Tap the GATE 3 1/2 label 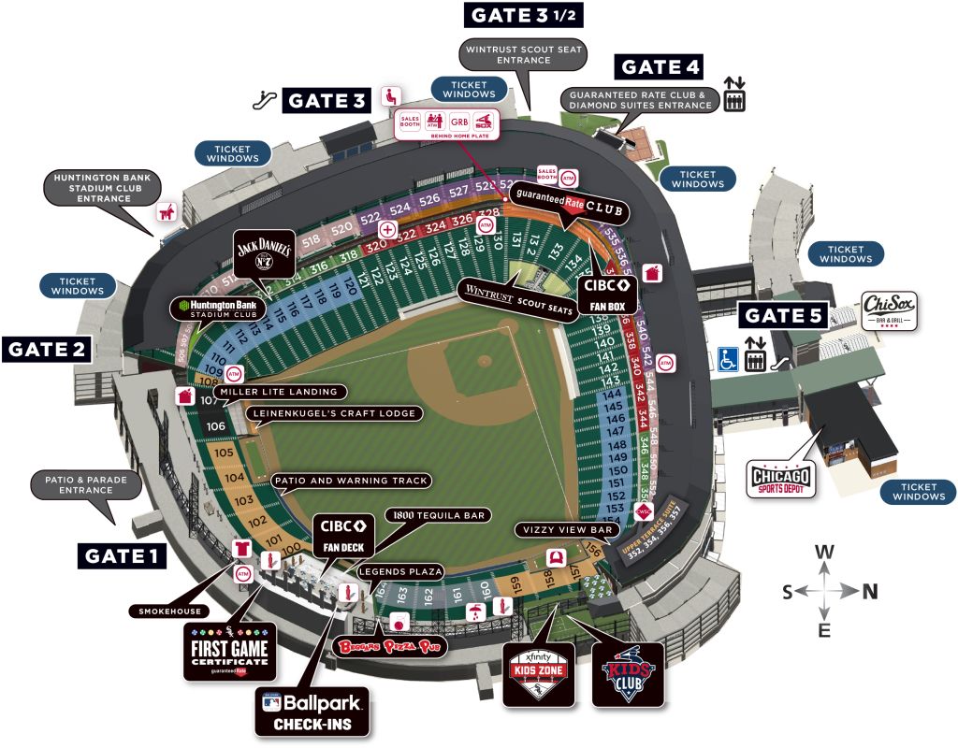[x=525, y=15]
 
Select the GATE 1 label [x=121, y=555]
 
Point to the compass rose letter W [x=824, y=552]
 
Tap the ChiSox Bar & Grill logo [x=889, y=310]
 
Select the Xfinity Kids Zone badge [x=539, y=673]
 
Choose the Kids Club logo [x=628, y=673]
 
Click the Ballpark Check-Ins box [x=312, y=711]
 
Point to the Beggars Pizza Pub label [x=389, y=646]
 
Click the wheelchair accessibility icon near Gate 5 [x=730, y=359]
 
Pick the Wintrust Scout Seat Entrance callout [x=524, y=54]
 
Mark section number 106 [x=216, y=426]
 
